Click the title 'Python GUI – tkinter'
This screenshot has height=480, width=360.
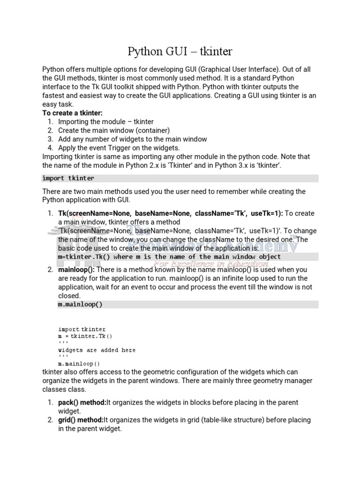tap(180, 51)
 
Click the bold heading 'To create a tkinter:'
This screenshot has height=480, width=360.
tap(72, 113)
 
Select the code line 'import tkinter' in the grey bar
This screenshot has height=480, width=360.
tap(68, 178)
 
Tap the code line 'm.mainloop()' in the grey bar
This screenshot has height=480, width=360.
tap(80, 304)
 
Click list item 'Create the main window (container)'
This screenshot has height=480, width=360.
tap(114, 130)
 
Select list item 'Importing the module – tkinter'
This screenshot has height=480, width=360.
tap(106, 122)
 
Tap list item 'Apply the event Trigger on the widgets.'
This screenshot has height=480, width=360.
tap(119, 148)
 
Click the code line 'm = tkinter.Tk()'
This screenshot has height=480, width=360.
tap(85, 336)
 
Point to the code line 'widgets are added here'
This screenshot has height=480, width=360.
tap(97, 350)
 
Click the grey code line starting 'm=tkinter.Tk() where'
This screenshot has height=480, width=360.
tap(169, 257)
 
